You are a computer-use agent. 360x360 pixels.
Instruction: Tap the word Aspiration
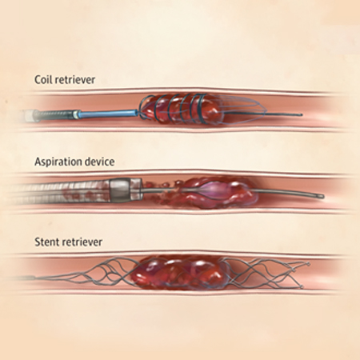(x=59, y=162)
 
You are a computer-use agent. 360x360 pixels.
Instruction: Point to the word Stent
(x=47, y=242)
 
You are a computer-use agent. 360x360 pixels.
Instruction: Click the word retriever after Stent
(x=82, y=242)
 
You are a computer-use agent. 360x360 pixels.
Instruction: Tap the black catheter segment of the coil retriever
(x=57, y=115)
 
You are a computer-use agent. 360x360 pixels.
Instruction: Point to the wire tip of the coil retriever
(x=301, y=115)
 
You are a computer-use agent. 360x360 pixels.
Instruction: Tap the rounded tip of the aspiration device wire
(x=322, y=196)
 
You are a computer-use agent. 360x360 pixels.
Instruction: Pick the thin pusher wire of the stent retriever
(x=48, y=278)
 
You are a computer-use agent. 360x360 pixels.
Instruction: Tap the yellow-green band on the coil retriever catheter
(x=77, y=114)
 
